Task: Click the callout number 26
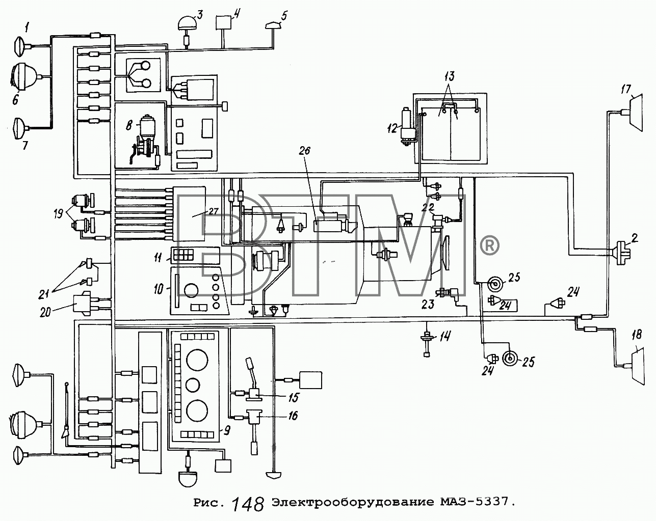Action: (x=304, y=150)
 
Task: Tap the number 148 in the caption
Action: (x=248, y=505)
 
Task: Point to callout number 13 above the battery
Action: (x=449, y=76)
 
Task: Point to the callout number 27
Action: (x=214, y=211)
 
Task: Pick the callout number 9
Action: (x=227, y=430)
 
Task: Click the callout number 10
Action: (x=159, y=288)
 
